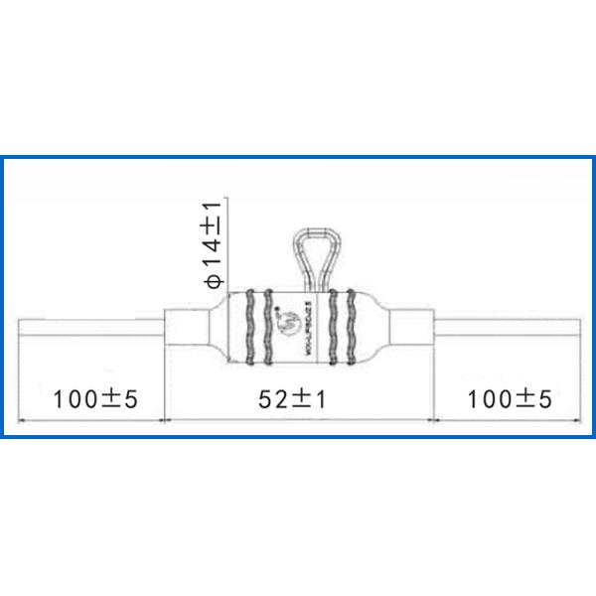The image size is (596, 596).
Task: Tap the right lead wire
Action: (507, 326)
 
